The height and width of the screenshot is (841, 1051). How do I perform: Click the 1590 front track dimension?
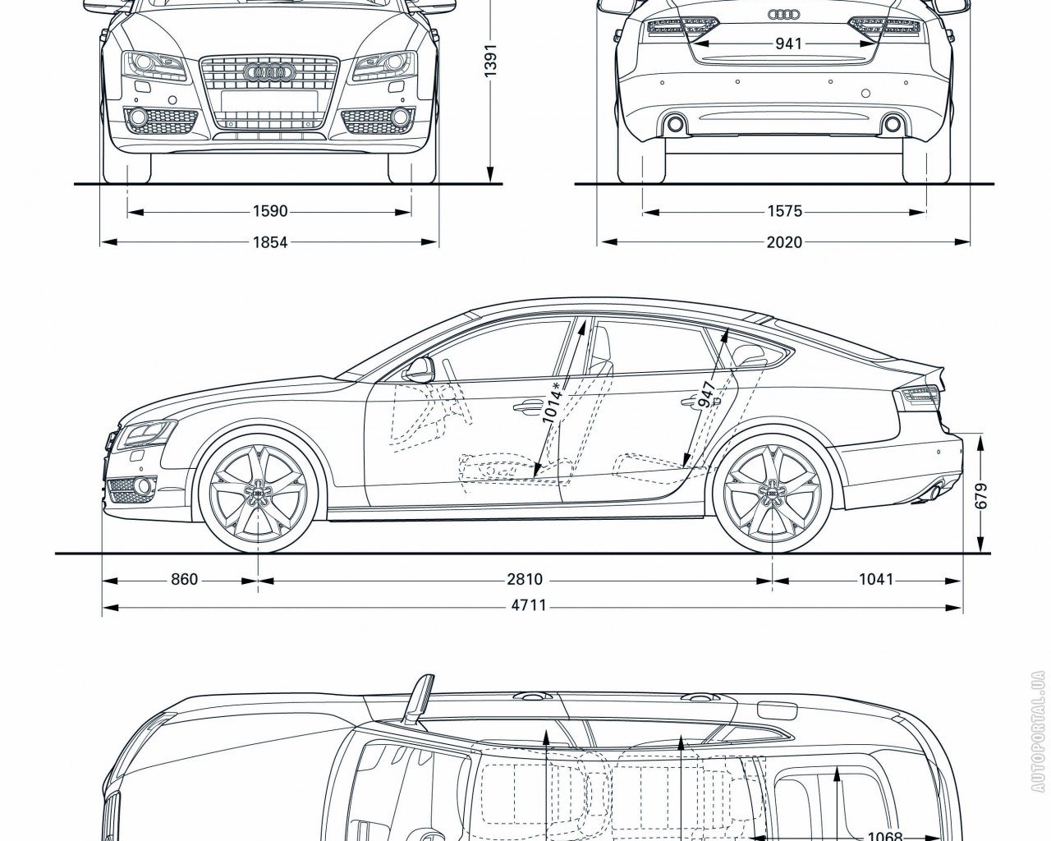[269, 212]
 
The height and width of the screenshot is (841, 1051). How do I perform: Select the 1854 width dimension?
[269, 242]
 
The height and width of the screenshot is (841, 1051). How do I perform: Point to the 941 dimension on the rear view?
[788, 44]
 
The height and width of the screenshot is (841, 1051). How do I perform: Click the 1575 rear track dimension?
[784, 212]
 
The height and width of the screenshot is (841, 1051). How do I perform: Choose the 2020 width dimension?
[786, 242]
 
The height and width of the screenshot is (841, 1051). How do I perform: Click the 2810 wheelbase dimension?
[525, 580]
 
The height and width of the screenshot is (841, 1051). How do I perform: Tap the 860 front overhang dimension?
[184, 580]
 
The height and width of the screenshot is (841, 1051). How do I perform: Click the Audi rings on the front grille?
[269, 73]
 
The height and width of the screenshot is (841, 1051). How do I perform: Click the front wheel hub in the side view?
[258, 491]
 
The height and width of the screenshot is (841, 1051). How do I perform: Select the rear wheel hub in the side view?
[772, 491]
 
